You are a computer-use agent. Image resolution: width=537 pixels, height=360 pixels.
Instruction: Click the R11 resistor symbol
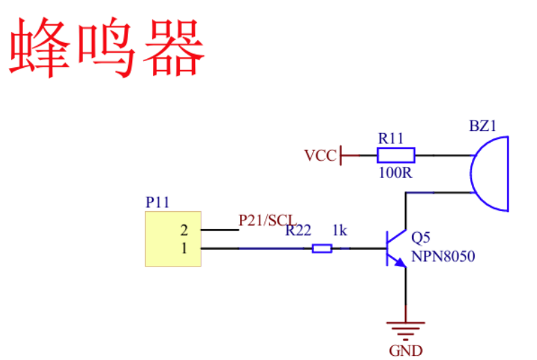coord(396,155)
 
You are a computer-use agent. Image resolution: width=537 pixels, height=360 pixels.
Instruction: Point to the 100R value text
coord(395,172)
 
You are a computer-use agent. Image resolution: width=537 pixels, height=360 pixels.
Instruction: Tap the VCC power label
coord(320,156)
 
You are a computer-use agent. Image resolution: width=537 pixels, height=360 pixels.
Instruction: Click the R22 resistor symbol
coord(322,248)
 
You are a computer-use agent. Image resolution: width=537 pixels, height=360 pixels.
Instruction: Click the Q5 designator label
coord(421,237)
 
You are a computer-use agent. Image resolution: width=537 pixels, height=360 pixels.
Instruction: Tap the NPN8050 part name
coord(443,256)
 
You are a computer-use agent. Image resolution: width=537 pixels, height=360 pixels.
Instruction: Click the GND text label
coord(406,350)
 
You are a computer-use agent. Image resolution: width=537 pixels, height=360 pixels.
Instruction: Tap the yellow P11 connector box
coord(173,239)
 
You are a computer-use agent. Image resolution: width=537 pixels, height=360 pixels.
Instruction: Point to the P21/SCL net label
coord(267,220)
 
